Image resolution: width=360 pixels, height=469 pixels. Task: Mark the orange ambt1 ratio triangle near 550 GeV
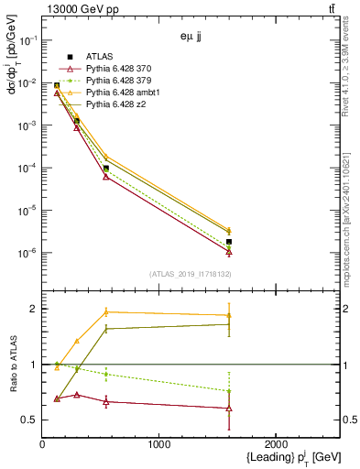tap(106, 312)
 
